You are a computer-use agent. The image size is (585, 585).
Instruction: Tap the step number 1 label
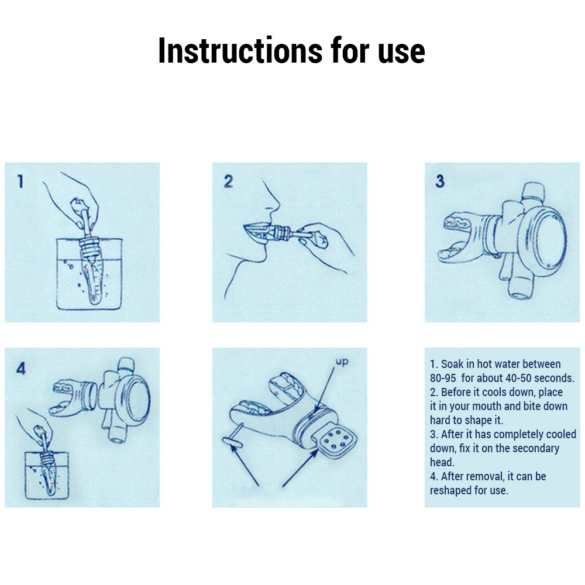coord(20,181)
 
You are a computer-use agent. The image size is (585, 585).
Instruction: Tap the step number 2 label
coord(229,181)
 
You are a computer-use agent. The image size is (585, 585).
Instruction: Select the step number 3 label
coord(440,181)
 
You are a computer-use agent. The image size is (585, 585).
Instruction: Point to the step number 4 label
coord(21,368)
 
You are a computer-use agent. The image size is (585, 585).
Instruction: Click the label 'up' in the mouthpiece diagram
coord(342,362)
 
